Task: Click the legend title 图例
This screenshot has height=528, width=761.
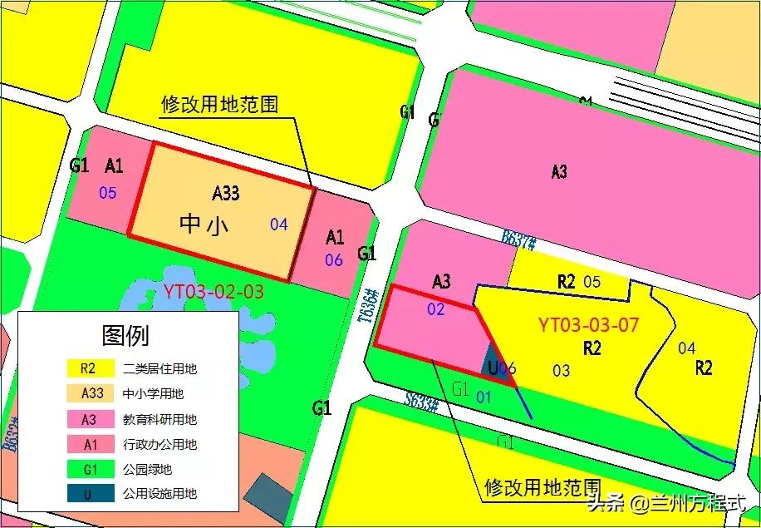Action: [x=125, y=336]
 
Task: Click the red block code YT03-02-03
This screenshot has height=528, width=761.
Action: [x=214, y=292]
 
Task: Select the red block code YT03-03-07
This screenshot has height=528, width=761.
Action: [x=588, y=325]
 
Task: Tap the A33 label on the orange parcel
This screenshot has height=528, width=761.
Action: [x=225, y=193]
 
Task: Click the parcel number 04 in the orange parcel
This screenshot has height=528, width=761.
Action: [x=279, y=224]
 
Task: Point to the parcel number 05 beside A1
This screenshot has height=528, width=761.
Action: [x=108, y=193]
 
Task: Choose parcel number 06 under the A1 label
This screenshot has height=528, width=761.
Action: [x=334, y=260]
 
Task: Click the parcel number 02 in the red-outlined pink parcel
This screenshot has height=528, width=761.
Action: [x=436, y=310]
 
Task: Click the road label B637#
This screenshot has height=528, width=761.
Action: [x=518, y=240]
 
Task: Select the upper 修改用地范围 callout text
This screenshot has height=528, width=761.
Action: [x=219, y=105]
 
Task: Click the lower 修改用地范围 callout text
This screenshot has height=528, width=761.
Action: [x=542, y=486]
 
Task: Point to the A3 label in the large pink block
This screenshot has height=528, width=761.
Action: [x=559, y=172]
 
